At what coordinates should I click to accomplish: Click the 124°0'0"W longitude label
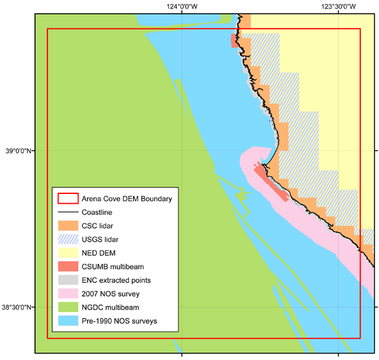(182, 6)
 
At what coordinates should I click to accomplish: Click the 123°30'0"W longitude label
(338, 6)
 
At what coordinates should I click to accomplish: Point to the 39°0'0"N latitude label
(19, 151)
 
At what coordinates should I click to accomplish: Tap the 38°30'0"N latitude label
(17, 307)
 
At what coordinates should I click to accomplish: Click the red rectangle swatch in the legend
(68, 198)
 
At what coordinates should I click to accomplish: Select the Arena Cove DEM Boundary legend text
(127, 199)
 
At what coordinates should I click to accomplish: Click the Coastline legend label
(97, 212)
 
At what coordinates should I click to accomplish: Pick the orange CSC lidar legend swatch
(68, 226)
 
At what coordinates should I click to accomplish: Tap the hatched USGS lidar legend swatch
(68, 239)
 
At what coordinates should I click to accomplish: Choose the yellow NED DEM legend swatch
(68, 253)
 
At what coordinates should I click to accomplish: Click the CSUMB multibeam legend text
(113, 267)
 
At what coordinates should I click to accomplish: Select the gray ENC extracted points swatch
(68, 280)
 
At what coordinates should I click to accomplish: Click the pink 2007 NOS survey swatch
(68, 294)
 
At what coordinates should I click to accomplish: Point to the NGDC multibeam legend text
(110, 307)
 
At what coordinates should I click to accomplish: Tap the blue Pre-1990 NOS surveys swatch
(68, 320)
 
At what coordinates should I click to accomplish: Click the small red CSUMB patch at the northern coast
(234, 41)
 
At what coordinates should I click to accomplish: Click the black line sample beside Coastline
(68, 212)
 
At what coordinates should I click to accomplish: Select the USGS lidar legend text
(100, 239)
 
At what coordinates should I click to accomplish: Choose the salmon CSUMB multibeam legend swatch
(68, 266)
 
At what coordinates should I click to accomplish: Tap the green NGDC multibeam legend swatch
(68, 307)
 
